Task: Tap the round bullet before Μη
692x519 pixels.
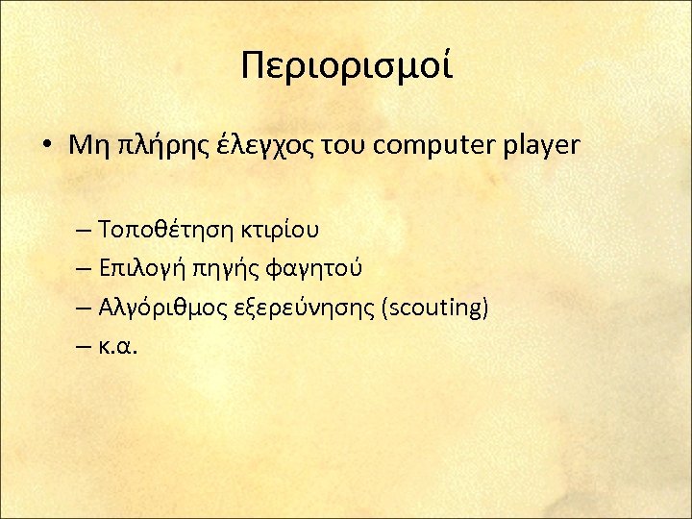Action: (47, 146)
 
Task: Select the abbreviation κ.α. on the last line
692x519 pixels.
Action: (119, 346)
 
